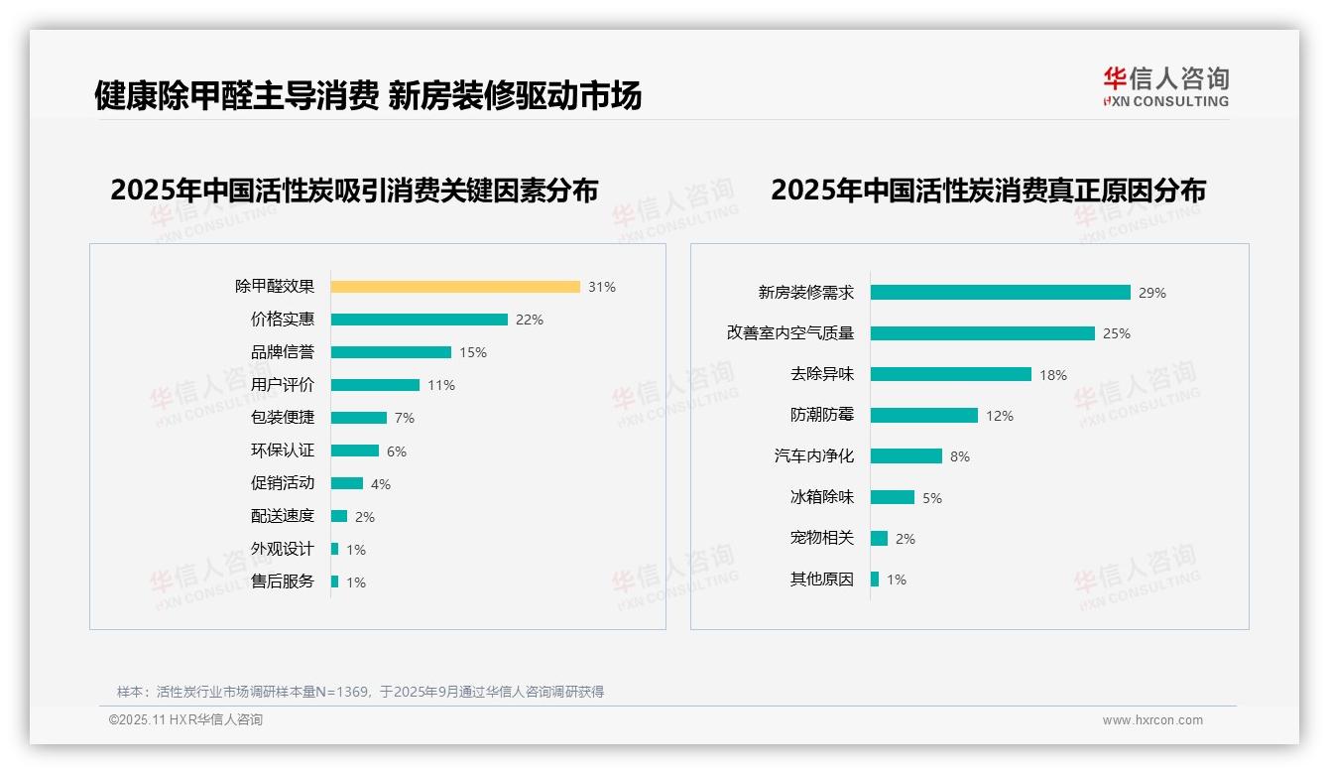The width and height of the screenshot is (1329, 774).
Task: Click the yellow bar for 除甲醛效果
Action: click(x=455, y=287)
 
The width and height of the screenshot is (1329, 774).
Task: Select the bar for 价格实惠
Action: click(x=419, y=320)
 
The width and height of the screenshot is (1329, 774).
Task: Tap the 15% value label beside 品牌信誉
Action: click(x=473, y=352)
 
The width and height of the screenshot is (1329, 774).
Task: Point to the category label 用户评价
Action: click(x=283, y=385)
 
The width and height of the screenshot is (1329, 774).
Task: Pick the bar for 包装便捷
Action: click(x=358, y=418)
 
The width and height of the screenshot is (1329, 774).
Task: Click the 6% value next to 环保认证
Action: click(x=397, y=451)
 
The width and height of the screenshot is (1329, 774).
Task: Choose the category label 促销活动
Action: click(x=283, y=483)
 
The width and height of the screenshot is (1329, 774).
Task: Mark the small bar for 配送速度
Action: click(x=339, y=516)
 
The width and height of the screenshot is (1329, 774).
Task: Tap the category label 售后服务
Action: click(x=283, y=581)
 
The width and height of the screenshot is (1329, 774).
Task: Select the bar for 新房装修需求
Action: click(x=1000, y=293)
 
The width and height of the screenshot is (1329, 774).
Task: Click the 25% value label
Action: click(x=1117, y=333)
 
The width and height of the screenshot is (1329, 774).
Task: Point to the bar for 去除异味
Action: click(x=950, y=374)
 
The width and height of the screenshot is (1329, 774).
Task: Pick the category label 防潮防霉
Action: click(x=822, y=416)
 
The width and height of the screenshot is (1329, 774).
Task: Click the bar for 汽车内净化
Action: click(x=906, y=456)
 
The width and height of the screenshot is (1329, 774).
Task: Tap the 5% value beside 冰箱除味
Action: click(x=932, y=498)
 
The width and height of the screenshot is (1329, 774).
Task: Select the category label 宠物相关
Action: click(x=822, y=538)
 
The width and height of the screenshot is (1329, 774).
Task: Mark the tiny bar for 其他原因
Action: click(x=875, y=580)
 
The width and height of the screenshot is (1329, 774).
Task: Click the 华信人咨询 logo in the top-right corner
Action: click(x=1165, y=86)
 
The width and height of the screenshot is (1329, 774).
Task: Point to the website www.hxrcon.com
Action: click(x=1152, y=720)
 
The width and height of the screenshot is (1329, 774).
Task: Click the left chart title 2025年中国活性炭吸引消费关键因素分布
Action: click(x=354, y=191)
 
